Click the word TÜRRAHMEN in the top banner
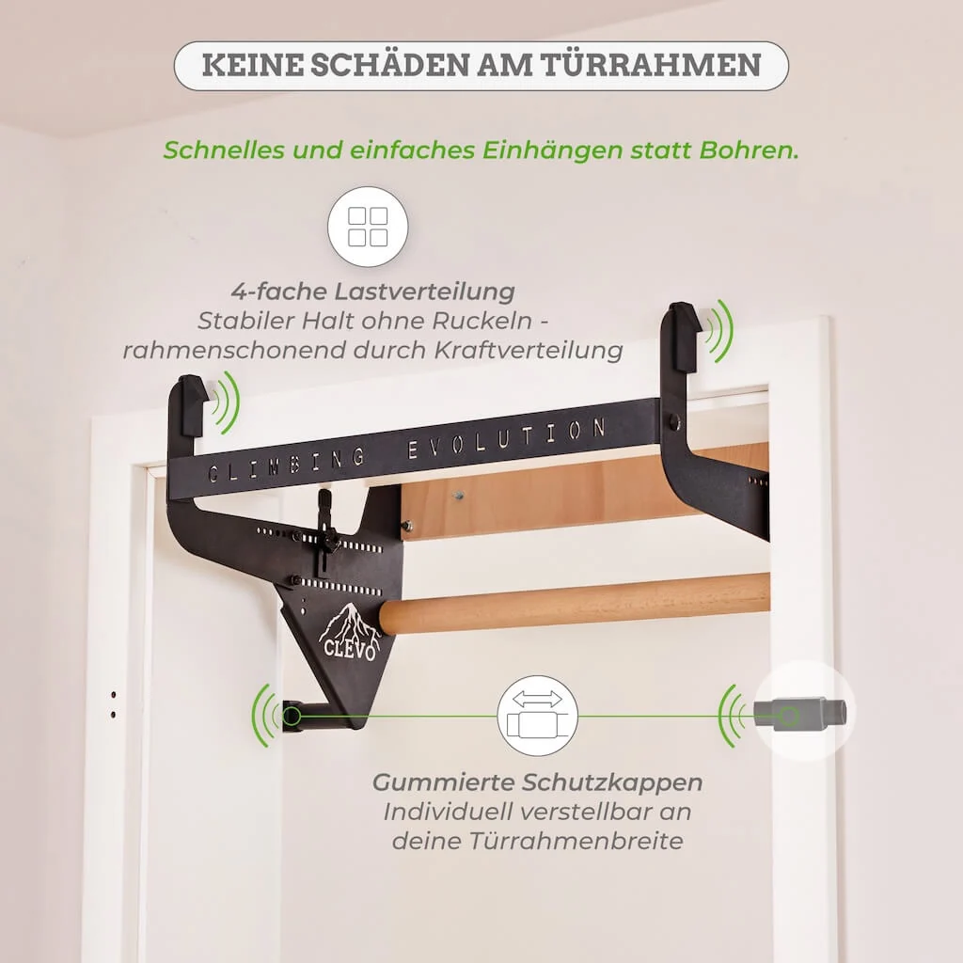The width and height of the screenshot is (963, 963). [x=651, y=65]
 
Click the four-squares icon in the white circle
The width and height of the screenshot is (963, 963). [x=368, y=227]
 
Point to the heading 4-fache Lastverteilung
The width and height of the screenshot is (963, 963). [x=372, y=292]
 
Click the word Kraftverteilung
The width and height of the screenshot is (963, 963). [x=529, y=350]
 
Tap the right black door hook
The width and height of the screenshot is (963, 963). [x=681, y=338]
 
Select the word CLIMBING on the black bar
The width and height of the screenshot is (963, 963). [x=286, y=466]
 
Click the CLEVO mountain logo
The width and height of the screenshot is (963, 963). [x=348, y=632]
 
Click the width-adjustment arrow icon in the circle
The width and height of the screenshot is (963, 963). [x=537, y=716]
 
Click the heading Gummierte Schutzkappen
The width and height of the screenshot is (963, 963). [x=537, y=781]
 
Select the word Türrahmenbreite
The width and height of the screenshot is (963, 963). [x=576, y=841]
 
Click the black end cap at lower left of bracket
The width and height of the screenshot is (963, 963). [x=292, y=716]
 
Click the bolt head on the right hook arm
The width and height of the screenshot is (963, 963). [x=674, y=422]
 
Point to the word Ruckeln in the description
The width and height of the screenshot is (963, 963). [x=488, y=321]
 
